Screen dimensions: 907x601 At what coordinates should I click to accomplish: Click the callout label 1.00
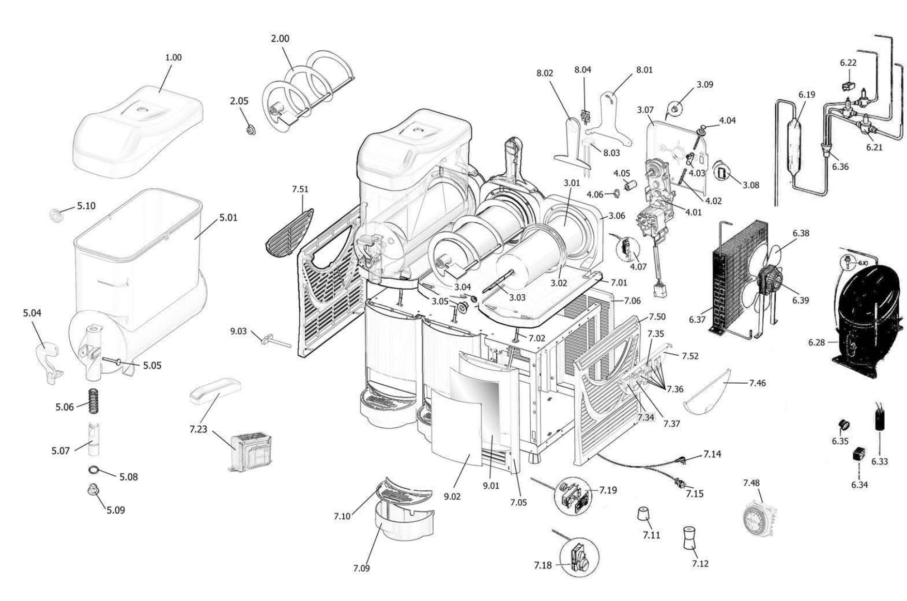point(173,57)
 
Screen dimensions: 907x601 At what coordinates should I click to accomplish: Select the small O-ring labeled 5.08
point(94,470)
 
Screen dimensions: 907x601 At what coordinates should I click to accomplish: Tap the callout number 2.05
point(239,101)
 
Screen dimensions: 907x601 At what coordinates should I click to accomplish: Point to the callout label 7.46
point(757,383)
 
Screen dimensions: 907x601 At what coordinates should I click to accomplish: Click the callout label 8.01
point(644,70)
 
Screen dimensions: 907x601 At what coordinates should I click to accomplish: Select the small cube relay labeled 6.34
point(859,453)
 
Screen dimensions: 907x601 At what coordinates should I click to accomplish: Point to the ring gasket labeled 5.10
point(55,214)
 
